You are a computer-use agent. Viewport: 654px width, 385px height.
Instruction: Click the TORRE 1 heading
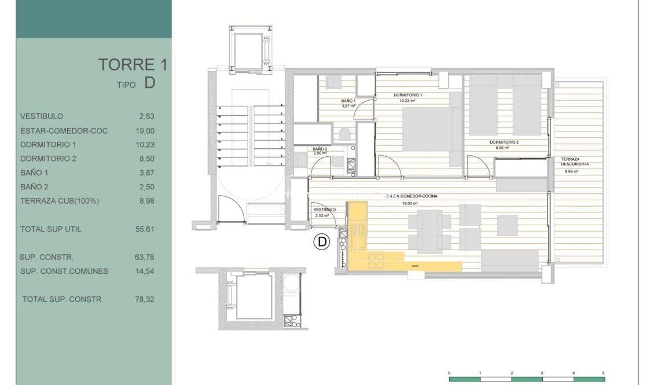click(133, 65)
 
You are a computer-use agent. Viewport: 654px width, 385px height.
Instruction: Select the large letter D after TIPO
click(149, 83)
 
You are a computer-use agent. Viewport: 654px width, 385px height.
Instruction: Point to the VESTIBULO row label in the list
click(41, 116)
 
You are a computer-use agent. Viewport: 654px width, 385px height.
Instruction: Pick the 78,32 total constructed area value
click(145, 299)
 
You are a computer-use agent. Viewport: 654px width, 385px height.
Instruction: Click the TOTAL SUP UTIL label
click(50, 229)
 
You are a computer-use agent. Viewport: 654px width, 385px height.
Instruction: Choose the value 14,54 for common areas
click(145, 271)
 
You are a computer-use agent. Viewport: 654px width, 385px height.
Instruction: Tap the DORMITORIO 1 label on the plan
click(408, 95)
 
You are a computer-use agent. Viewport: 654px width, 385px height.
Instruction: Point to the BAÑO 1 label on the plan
click(348, 101)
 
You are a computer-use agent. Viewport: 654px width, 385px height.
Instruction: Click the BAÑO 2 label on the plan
click(320, 149)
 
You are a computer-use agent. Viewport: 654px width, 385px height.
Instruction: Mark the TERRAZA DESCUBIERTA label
click(574, 162)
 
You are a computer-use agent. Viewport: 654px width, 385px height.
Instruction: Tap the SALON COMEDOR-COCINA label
click(411, 196)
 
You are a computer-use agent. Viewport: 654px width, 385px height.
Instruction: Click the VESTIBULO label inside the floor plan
click(324, 210)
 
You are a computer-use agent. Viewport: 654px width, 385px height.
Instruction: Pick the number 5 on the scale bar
click(604, 373)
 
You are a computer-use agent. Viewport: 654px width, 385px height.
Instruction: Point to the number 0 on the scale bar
click(450, 373)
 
